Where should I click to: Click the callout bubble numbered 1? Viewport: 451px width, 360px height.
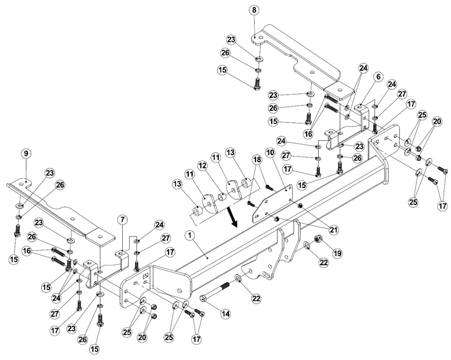(189, 236)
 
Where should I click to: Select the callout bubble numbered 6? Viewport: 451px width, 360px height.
(378, 77)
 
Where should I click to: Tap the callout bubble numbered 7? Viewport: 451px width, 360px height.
(122, 220)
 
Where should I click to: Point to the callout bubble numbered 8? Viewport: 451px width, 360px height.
(254, 10)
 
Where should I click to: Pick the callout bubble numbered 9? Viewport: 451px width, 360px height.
(26, 153)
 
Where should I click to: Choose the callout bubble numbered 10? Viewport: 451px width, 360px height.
(270, 152)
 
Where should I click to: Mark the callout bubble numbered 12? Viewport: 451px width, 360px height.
(202, 166)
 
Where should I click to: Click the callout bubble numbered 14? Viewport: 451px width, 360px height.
(226, 314)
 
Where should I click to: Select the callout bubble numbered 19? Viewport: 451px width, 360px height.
(337, 253)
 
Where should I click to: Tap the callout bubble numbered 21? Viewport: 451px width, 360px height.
(334, 229)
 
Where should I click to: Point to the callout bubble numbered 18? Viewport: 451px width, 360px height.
(257, 160)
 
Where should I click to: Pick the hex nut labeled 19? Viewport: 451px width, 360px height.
(317, 238)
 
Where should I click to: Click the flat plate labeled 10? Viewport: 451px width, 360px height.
(272, 203)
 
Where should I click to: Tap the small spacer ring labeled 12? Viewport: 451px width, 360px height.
(221, 198)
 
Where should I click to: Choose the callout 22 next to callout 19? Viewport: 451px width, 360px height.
(324, 263)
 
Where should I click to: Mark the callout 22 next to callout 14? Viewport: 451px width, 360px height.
(256, 299)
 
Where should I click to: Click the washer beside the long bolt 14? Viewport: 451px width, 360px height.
(238, 278)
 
